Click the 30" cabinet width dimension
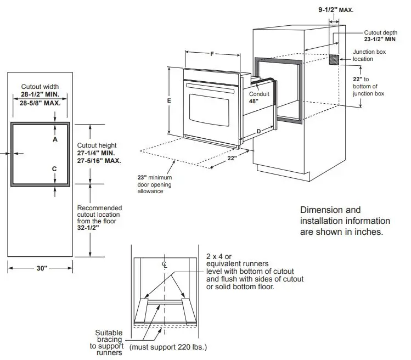click(x=42, y=268)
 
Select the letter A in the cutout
click(x=55, y=139)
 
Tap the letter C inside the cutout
click(x=55, y=168)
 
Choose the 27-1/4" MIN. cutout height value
click(x=97, y=153)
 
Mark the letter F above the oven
click(x=212, y=54)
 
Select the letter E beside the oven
click(x=169, y=101)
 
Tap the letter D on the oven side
click(x=258, y=131)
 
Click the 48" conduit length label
click(x=253, y=101)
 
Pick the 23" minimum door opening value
click(x=143, y=178)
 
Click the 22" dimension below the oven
click(x=232, y=159)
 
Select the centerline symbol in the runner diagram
click(x=164, y=264)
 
